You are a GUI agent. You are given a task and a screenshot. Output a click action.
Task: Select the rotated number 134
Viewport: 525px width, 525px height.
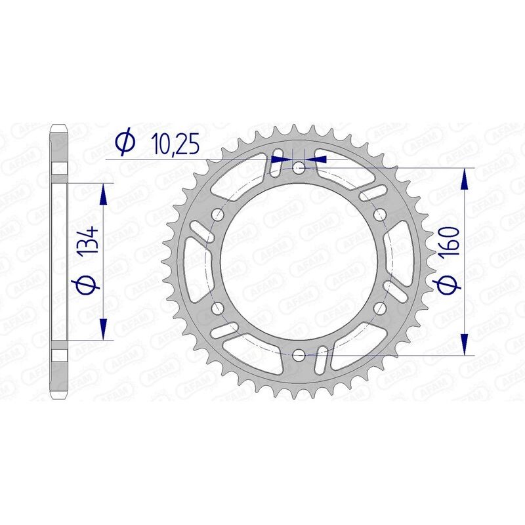(91, 241)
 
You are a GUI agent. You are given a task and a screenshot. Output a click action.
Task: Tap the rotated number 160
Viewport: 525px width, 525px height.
(452, 245)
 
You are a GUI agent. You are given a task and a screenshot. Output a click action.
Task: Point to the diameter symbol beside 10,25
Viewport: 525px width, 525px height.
(125, 142)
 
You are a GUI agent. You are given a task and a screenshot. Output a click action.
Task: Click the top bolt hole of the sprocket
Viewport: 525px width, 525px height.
(299, 168)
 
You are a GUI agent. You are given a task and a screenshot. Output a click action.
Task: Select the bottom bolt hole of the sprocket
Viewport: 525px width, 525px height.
(299, 355)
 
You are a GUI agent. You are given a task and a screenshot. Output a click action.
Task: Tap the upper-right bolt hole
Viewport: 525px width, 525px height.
(380, 215)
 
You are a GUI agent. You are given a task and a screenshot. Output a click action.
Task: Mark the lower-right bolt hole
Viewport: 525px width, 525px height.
(380, 308)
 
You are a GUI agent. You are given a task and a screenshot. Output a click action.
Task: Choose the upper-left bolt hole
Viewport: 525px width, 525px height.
(218, 215)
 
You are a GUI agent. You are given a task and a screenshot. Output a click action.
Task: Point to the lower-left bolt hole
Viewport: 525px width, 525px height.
(218, 308)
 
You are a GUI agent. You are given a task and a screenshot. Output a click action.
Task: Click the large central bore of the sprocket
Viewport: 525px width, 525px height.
(299, 261)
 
